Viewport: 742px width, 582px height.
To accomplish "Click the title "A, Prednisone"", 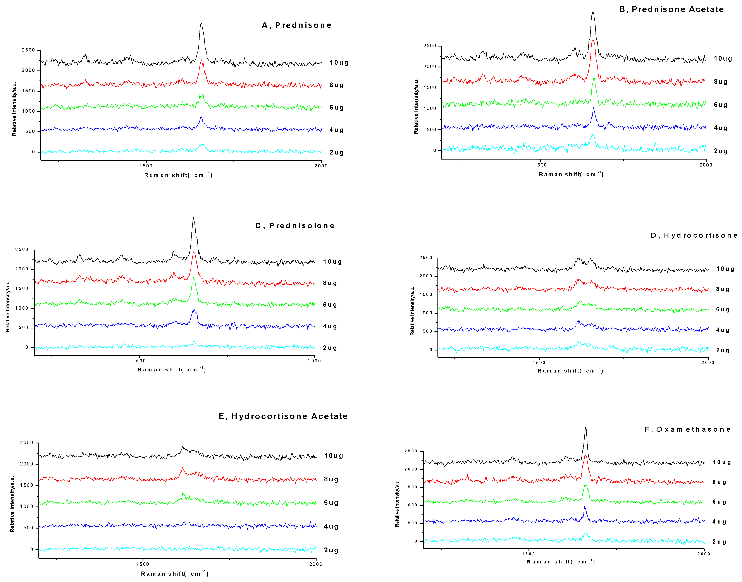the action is (296, 25).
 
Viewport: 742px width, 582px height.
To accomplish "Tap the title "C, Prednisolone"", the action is (295, 226).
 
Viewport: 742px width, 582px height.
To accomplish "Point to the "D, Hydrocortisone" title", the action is (694, 235).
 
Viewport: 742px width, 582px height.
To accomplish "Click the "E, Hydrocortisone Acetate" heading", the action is (283, 416).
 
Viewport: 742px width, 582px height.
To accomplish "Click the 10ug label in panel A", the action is (339, 62).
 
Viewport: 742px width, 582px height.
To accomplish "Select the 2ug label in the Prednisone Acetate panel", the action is (721, 151).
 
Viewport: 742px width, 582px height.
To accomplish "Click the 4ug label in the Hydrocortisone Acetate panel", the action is (331, 526).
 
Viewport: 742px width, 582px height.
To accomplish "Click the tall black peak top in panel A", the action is (201, 23).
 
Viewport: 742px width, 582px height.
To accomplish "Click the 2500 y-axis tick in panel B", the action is (430, 46).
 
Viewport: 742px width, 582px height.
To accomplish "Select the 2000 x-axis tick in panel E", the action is (316, 564).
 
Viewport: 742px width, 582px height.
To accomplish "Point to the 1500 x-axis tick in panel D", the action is (539, 362).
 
